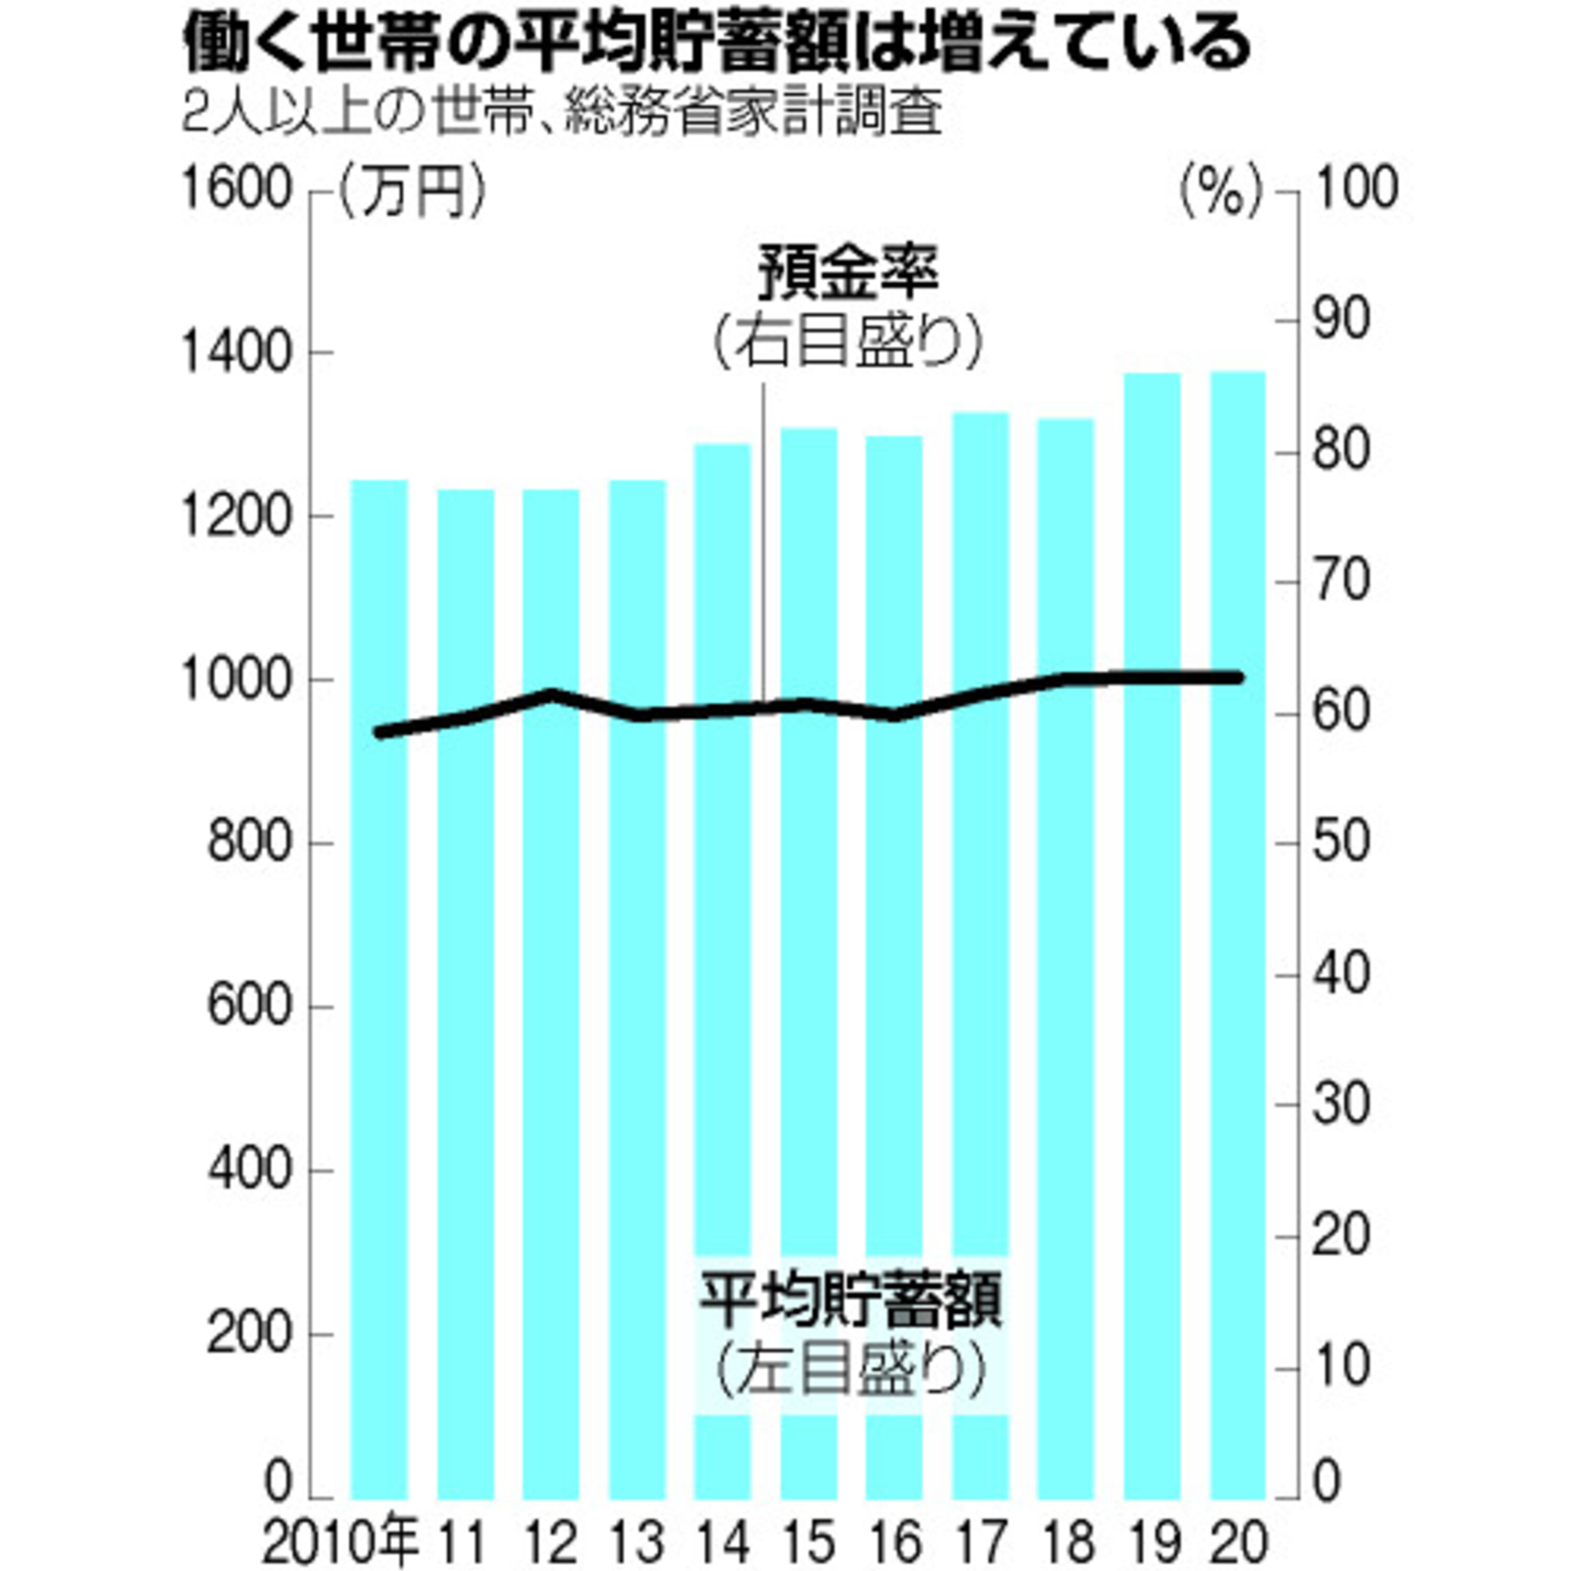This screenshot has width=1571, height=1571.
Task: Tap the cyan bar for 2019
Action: tap(1152, 936)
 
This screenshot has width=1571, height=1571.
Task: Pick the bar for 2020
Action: tap(1238, 935)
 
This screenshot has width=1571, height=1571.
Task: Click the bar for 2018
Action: tap(1067, 959)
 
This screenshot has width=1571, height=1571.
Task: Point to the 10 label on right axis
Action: tap(1342, 1366)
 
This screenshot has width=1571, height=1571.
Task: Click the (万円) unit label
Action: tap(412, 192)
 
